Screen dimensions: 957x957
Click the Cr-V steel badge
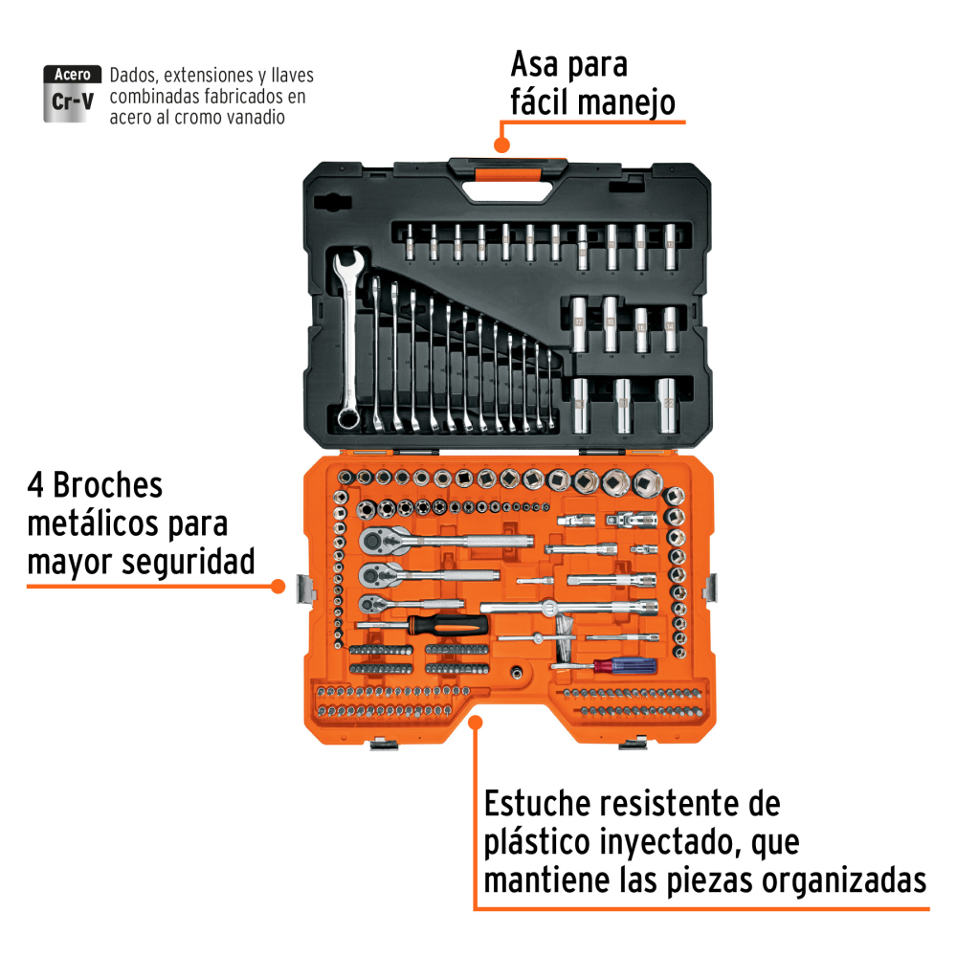click(x=72, y=94)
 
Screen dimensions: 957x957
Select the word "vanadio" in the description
click(x=256, y=117)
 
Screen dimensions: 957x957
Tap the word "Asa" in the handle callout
click(x=535, y=64)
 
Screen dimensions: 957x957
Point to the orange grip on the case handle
click(x=508, y=175)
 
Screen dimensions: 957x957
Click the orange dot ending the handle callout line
click(x=501, y=145)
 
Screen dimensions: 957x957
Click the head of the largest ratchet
click(x=376, y=540)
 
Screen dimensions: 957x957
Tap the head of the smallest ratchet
click(x=369, y=605)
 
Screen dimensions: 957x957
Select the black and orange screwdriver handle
click(x=449, y=625)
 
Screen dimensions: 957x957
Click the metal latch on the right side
click(x=710, y=588)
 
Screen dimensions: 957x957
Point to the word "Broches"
click(x=108, y=486)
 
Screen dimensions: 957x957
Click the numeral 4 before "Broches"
click(x=35, y=486)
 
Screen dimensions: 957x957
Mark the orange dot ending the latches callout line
click(x=278, y=587)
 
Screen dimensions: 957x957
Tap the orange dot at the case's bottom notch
click(x=476, y=723)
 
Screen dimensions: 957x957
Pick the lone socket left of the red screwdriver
click(x=518, y=673)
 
